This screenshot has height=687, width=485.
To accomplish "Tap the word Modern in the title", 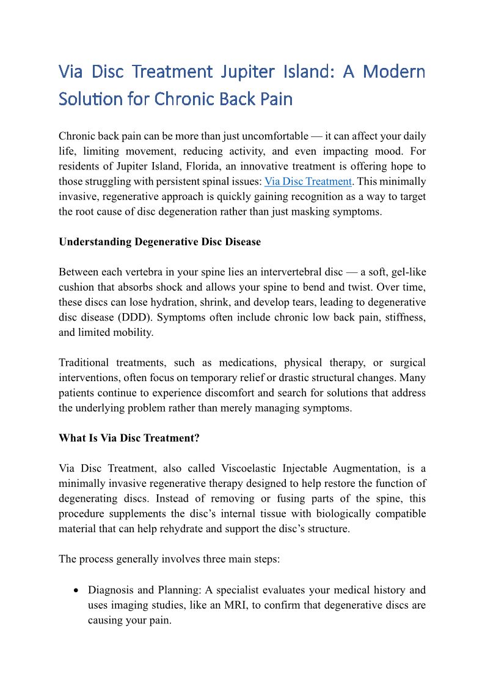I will pos(394,72).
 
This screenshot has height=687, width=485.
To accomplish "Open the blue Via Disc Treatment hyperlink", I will pos(308,181).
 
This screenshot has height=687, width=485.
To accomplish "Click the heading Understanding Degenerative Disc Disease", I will pos(159,242).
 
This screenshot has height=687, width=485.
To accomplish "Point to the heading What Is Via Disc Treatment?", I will pos(129,438).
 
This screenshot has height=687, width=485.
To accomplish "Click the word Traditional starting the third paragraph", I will pos(84,363).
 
